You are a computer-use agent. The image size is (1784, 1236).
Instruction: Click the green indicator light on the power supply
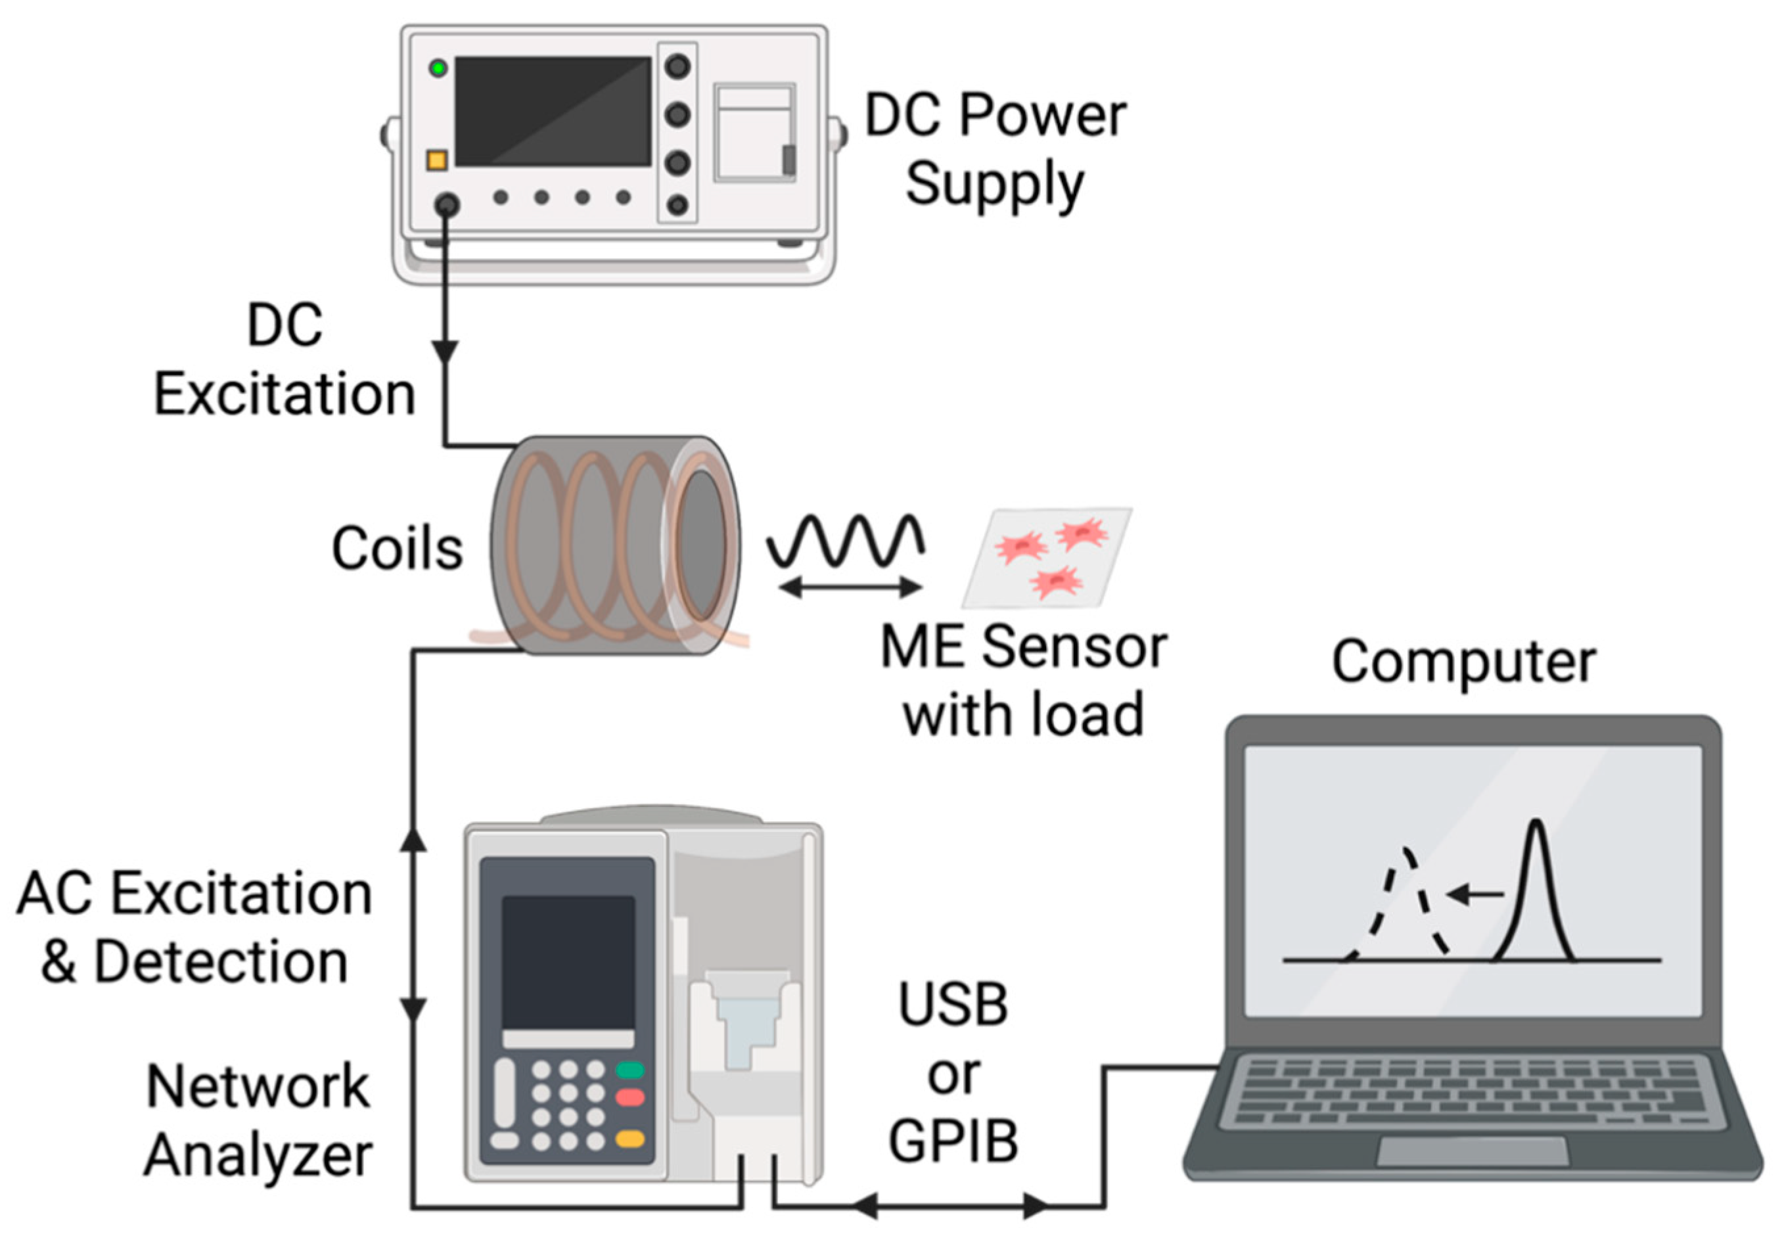pos(438,68)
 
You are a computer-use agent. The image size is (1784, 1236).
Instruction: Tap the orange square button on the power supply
pos(437,160)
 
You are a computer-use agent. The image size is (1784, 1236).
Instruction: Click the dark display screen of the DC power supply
pos(552,111)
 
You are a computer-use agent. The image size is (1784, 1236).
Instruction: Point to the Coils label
pos(398,548)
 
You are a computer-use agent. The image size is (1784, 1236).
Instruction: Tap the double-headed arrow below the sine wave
pos(850,589)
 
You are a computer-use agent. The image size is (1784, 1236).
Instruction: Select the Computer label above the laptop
pos(1463,663)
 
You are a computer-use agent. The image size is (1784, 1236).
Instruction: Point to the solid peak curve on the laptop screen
pos(1536,890)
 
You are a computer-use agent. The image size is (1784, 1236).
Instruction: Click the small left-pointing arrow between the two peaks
pos(1475,895)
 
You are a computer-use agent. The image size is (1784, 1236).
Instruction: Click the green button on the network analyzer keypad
pos(629,1070)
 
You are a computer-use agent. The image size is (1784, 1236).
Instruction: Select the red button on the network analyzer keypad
pos(629,1097)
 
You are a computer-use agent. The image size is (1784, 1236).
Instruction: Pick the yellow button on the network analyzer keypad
pos(629,1138)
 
